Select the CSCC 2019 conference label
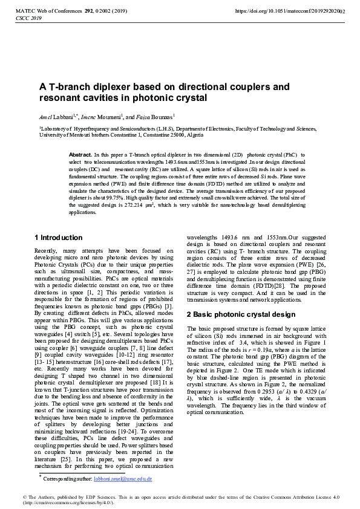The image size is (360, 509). [28, 19]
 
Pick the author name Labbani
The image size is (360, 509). [63, 116]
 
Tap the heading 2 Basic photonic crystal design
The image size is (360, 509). [241, 314]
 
